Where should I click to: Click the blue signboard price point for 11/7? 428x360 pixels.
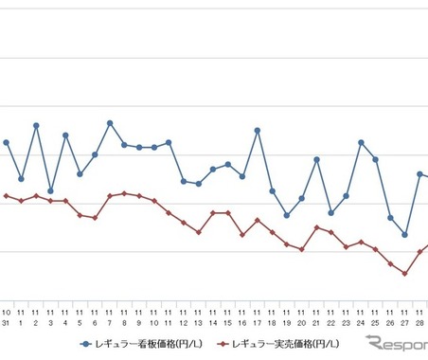(x=110, y=123)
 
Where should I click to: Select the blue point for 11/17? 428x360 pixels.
(x=258, y=130)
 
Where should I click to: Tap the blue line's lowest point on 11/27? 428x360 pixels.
(x=405, y=234)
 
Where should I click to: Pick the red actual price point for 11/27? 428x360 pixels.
(x=405, y=274)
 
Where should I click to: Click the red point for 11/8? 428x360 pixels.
(x=124, y=193)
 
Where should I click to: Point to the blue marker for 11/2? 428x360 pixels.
(x=36, y=125)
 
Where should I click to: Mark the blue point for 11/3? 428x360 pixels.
(x=50, y=190)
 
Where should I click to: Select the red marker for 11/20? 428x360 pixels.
(x=301, y=249)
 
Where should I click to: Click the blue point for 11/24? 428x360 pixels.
(x=361, y=142)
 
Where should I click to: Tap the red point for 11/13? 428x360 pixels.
(x=198, y=232)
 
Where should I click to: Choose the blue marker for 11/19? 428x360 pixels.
(x=287, y=215)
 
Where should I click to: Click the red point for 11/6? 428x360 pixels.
(x=95, y=218)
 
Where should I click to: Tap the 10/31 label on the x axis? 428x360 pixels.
(x=7, y=317)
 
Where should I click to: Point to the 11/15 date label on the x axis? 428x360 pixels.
(x=227, y=317)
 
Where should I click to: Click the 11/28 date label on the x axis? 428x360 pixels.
(x=419, y=317)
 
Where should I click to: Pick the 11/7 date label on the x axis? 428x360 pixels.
(x=110, y=317)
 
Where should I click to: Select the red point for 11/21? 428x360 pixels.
(x=316, y=227)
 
